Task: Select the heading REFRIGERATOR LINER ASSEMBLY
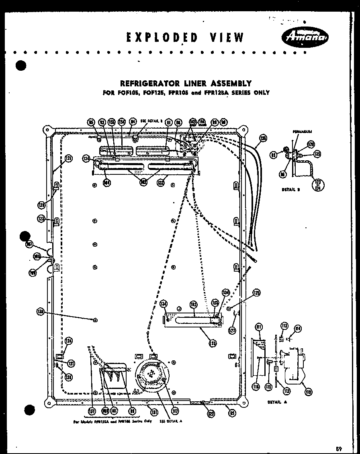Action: (186, 83)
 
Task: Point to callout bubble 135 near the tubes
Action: (263, 138)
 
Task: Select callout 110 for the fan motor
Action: (309, 392)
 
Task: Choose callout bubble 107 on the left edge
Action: (29, 243)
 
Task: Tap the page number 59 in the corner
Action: (338, 448)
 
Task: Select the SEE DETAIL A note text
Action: (171, 421)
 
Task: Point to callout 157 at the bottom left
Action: (92, 411)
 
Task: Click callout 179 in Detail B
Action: (311, 144)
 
